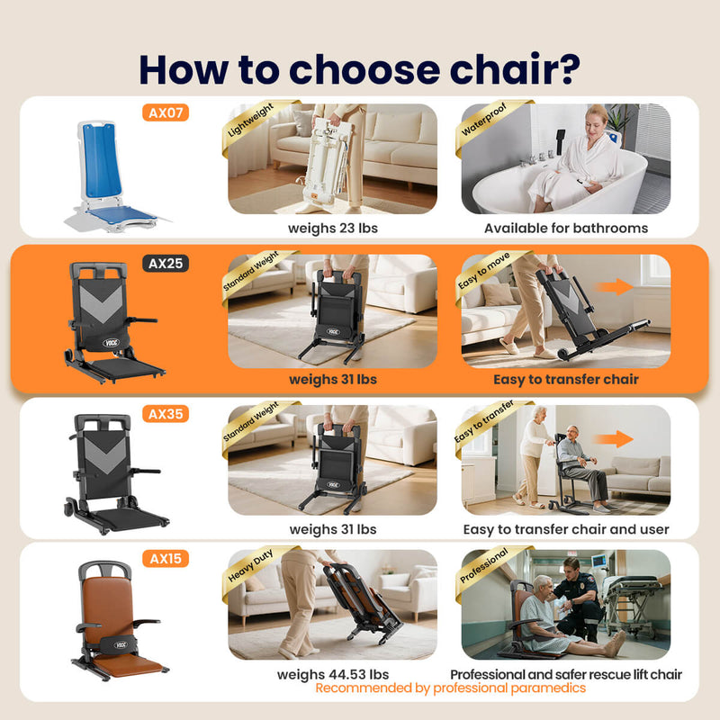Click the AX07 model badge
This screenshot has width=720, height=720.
(166, 112)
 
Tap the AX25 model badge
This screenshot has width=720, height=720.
(166, 264)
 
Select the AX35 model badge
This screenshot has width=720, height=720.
(166, 414)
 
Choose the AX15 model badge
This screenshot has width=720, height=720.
(166, 559)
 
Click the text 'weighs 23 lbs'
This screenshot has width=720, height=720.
(332, 228)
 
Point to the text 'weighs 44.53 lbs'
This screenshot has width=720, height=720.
(332, 674)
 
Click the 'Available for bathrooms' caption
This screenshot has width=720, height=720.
(565, 228)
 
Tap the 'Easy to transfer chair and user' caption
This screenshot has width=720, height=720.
(565, 529)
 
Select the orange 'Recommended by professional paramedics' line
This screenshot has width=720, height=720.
(450, 688)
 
